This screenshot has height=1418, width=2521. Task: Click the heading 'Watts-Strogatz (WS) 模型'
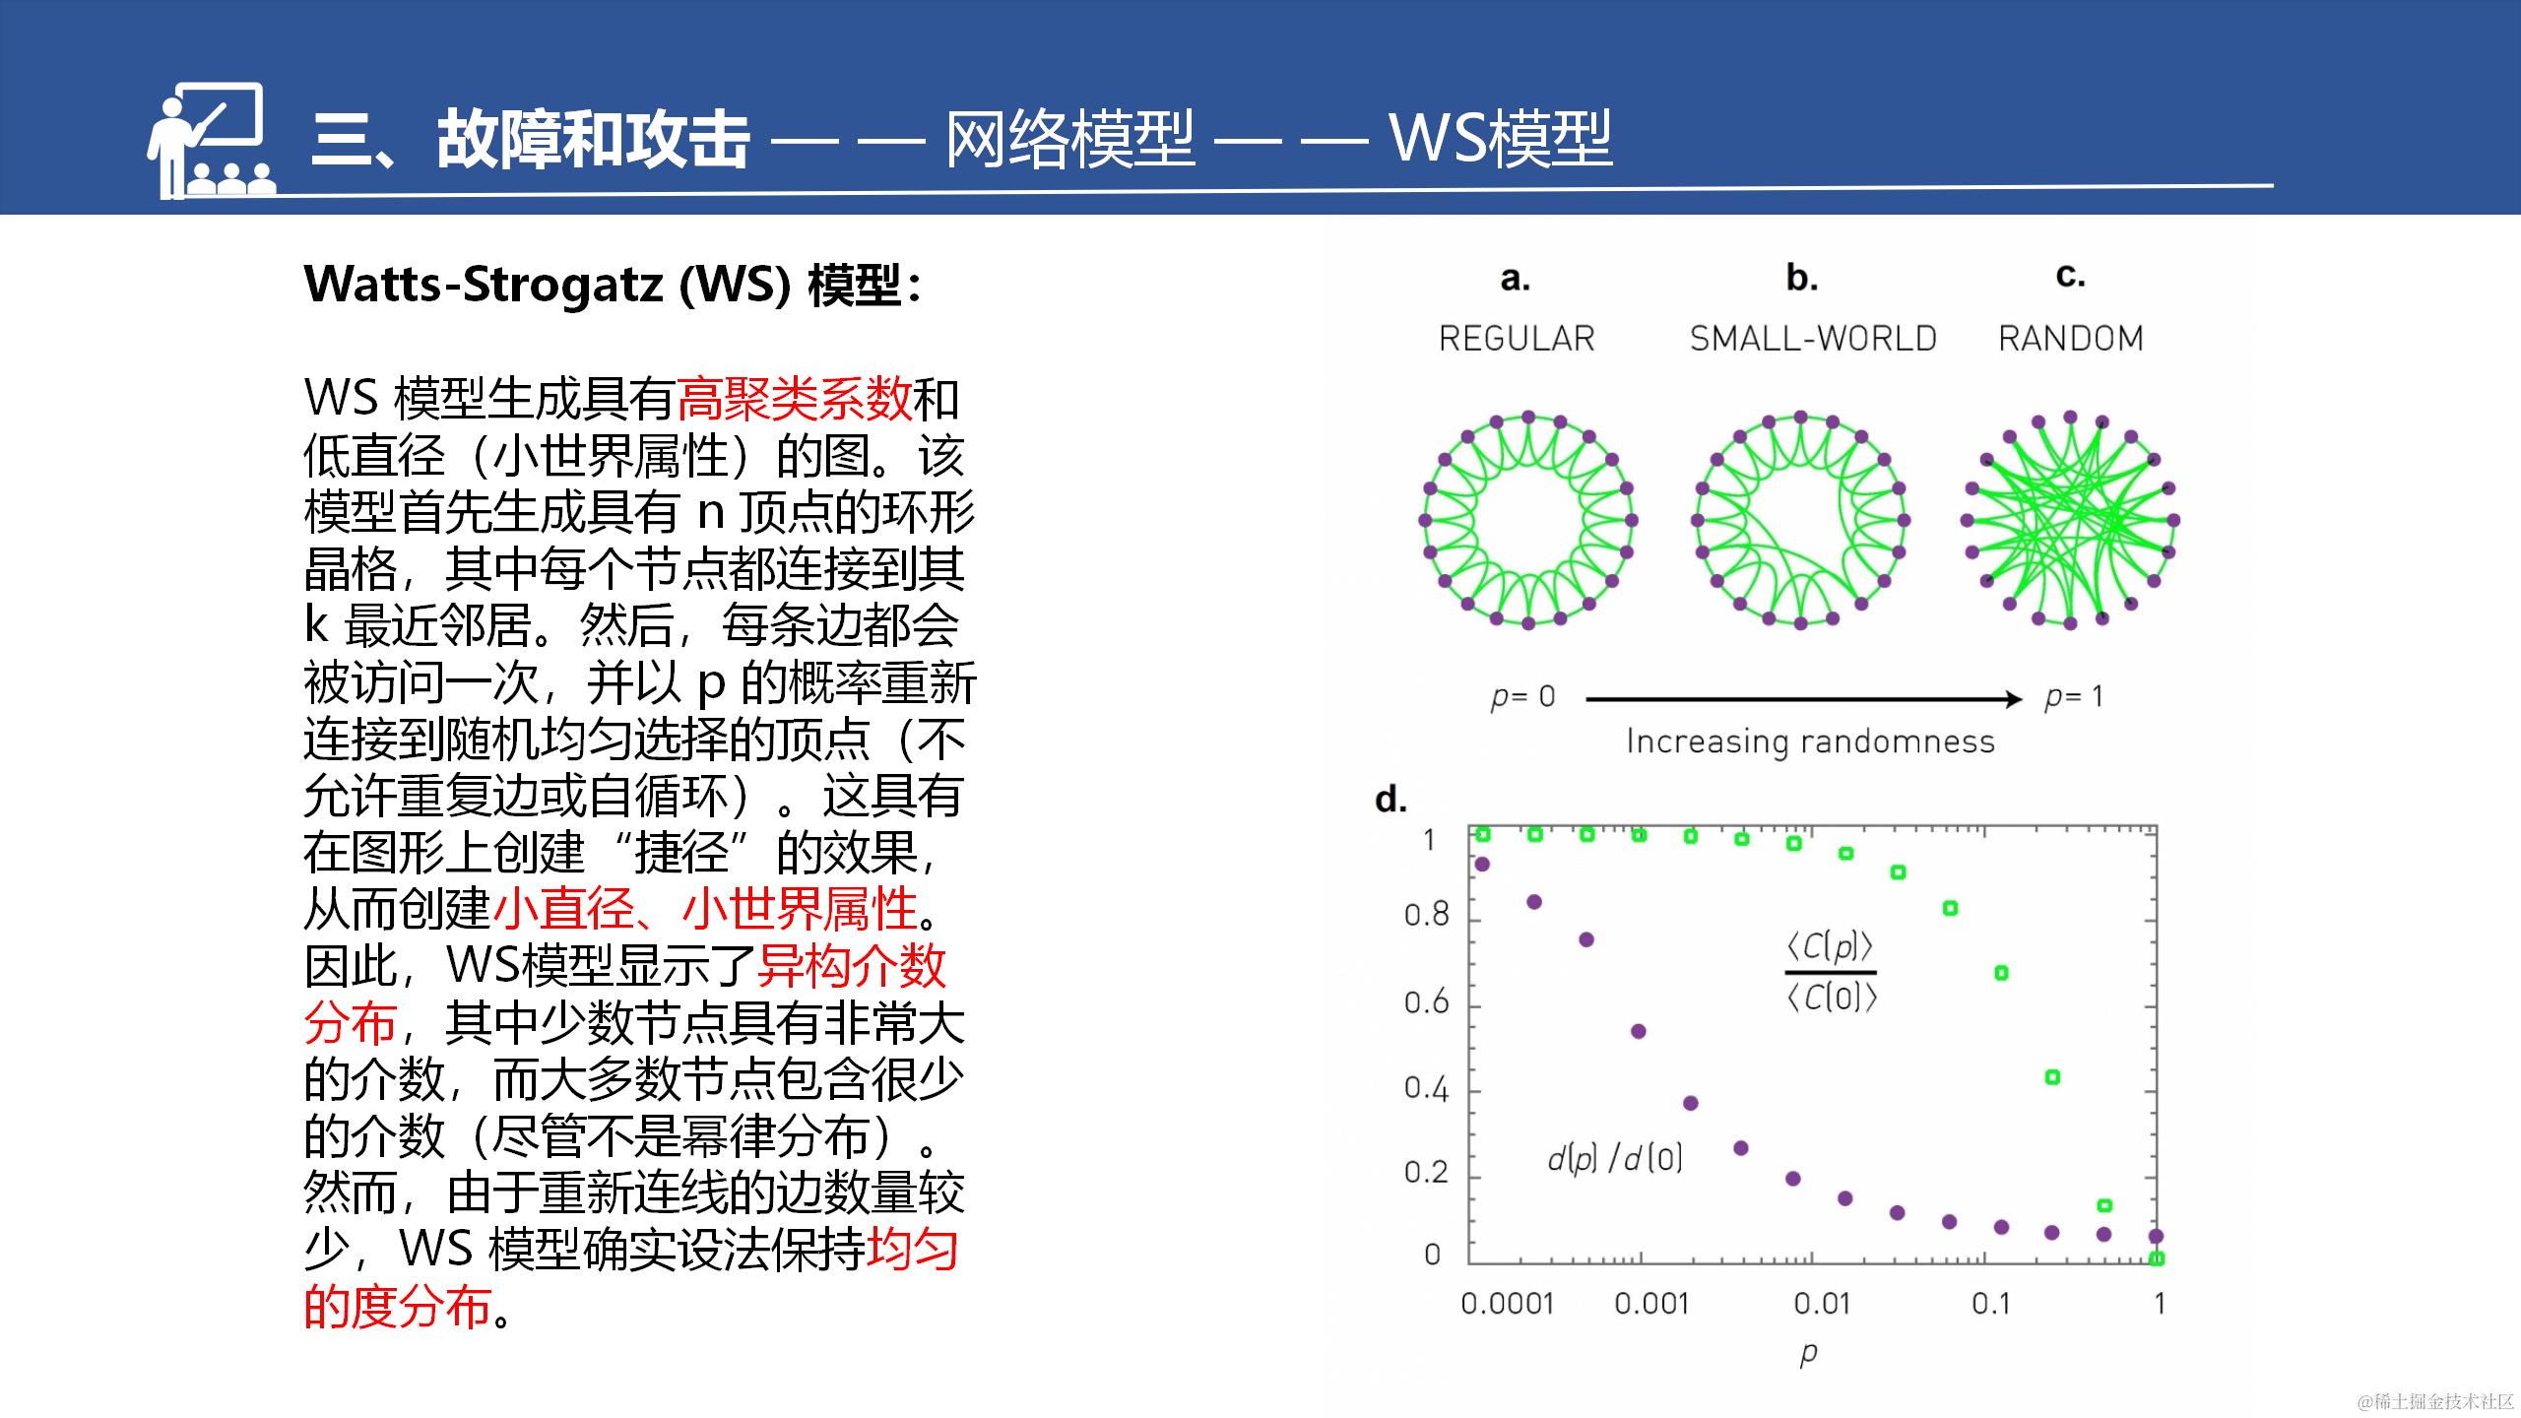[613, 286]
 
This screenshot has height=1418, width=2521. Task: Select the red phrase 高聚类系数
[794, 399]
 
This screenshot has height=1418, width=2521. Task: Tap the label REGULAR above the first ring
[1517, 339]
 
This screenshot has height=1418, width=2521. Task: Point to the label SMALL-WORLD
[1813, 339]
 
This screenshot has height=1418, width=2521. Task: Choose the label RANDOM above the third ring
[2070, 339]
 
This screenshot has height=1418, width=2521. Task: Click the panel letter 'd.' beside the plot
[1390, 799]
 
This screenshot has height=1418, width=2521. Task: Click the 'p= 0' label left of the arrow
[1522, 697]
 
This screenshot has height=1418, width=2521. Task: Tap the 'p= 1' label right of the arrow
[2073, 697]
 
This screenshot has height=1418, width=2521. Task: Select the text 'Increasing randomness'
[1810, 741]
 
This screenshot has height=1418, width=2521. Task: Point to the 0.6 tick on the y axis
[1427, 1002]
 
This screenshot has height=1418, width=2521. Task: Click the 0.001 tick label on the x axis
[1651, 1304]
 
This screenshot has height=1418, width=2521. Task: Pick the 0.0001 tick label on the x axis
[1507, 1304]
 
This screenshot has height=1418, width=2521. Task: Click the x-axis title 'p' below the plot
[1808, 1355]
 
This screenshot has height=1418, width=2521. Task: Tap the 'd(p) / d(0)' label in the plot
[1615, 1159]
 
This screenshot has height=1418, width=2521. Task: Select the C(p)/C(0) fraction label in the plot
[1832, 972]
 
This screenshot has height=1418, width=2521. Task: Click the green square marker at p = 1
[2157, 1257]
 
